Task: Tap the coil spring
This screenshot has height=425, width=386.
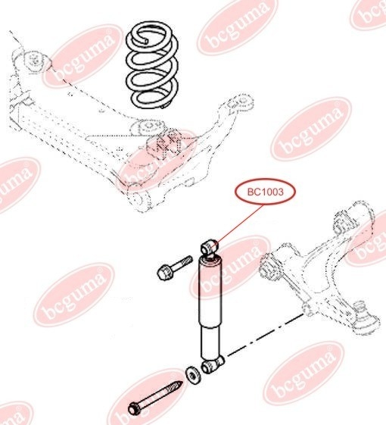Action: (152, 65)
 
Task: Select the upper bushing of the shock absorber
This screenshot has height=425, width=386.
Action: (209, 245)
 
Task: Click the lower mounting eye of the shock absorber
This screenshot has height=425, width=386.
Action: (213, 364)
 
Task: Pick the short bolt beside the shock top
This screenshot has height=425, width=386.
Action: (174, 267)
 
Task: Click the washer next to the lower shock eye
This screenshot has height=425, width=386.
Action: (193, 375)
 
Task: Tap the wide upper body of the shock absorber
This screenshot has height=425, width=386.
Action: (210, 292)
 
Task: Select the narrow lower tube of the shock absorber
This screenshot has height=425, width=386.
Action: (211, 342)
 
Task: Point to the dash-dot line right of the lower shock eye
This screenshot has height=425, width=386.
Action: (265, 335)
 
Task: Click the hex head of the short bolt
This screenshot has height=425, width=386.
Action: (163, 273)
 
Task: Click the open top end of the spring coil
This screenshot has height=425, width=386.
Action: (146, 41)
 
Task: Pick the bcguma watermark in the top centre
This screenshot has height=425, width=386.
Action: (238, 27)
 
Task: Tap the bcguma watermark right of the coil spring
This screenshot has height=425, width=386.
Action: (311, 129)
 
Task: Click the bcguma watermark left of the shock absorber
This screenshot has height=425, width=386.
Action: (74, 295)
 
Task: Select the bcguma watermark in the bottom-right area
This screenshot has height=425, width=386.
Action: (304, 373)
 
